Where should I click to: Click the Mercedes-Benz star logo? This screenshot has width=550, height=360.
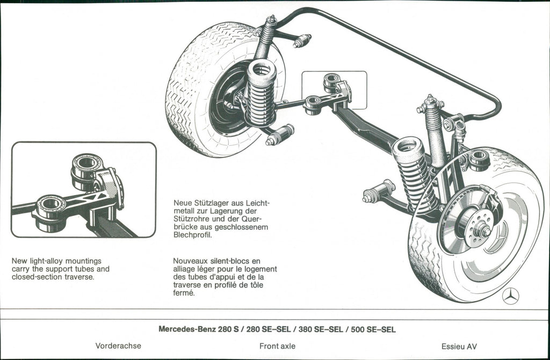coord(510,296)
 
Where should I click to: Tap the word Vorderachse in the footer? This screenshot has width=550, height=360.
coord(118,345)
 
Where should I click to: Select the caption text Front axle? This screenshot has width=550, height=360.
coord(277,346)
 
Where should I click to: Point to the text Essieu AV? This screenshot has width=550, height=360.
coord(459,347)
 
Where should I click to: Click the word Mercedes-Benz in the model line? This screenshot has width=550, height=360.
coord(187,329)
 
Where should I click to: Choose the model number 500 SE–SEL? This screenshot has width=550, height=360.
coord(373,329)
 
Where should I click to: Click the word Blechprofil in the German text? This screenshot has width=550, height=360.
coord(193,235)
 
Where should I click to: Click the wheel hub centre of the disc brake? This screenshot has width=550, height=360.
coord(484,231)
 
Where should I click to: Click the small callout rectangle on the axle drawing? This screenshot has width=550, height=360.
coord(334,90)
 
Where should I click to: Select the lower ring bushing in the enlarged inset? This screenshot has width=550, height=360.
coord(51,212)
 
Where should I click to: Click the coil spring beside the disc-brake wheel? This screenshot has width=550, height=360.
coord(415,174)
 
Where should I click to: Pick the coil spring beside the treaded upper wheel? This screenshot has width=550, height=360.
coord(261,93)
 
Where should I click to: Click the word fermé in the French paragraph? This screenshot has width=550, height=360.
coord(184,293)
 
